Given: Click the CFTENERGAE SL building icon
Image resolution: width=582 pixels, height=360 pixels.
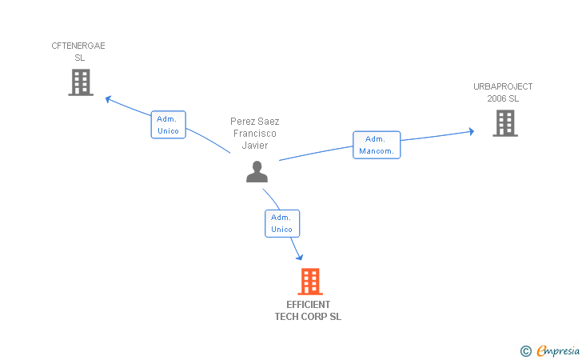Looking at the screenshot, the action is click(x=81, y=82).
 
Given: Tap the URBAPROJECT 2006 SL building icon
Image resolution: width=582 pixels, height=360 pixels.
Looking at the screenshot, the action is click(x=504, y=123).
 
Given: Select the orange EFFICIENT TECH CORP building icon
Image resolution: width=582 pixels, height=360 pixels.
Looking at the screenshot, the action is click(x=309, y=282).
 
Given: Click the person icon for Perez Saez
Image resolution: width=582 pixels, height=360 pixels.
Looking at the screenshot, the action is click(x=257, y=172).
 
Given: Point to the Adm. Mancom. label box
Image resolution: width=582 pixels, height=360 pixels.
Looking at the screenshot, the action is click(x=377, y=145).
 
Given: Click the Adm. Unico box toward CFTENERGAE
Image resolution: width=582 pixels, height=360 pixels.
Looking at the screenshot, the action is click(x=168, y=125).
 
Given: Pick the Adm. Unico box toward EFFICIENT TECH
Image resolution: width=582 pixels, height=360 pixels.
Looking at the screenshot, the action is click(x=281, y=223).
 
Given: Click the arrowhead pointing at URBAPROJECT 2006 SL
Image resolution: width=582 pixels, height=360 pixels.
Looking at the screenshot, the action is click(x=471, y=131).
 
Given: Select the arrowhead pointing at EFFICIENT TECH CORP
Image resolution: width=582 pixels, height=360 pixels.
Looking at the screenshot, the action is click(x=300, y=256).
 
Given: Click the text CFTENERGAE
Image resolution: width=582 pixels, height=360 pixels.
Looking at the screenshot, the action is click(x=78, y=46).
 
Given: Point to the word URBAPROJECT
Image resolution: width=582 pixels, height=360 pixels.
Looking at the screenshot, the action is click(x=503, y=86).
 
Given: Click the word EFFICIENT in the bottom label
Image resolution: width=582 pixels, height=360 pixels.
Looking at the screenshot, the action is click(x=308, y=305).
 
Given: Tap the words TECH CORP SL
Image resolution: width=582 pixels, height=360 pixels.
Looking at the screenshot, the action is click(x=308, y=317).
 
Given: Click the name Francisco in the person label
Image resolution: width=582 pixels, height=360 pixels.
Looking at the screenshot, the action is click(x=255, y=134).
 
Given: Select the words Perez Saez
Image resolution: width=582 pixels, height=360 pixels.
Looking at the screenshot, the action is click(x=255, y=122).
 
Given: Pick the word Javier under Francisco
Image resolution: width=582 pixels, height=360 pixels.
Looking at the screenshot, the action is click(x=255, y=146).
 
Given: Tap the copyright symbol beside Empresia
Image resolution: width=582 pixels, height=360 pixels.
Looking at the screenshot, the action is click(x=525, y=350).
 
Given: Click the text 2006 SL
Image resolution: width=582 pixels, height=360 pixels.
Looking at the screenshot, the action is click(x=503, y=98).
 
